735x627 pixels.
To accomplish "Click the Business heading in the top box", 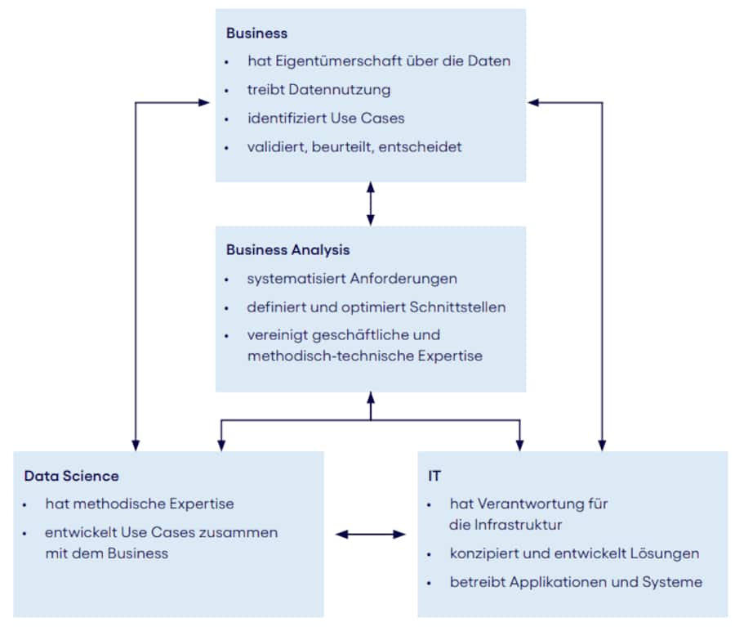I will coord(256,34).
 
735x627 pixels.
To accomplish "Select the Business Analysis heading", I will coord(287,250).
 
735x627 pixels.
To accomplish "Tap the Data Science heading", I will coord(71,476).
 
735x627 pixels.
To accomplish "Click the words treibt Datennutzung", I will coord(318,89).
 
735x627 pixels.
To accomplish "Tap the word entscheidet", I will coord(421,147).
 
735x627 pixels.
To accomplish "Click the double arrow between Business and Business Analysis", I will coord(371,204).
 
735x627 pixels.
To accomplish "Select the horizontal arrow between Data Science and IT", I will coord(371,535).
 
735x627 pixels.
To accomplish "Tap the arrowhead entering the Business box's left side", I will coord(205,102).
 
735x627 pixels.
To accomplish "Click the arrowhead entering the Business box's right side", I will coord(533,102).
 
